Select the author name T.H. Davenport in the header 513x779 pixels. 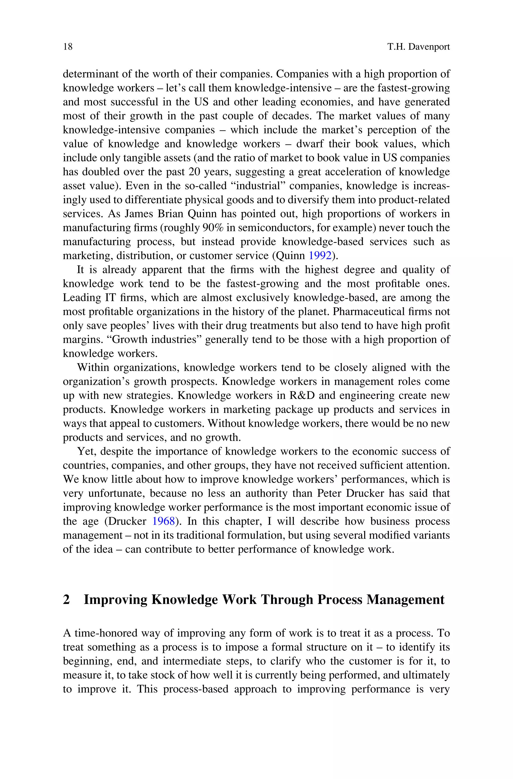coord(419,47)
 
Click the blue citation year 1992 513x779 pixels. coord(320,255)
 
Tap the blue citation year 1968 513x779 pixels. coord(164,521)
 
